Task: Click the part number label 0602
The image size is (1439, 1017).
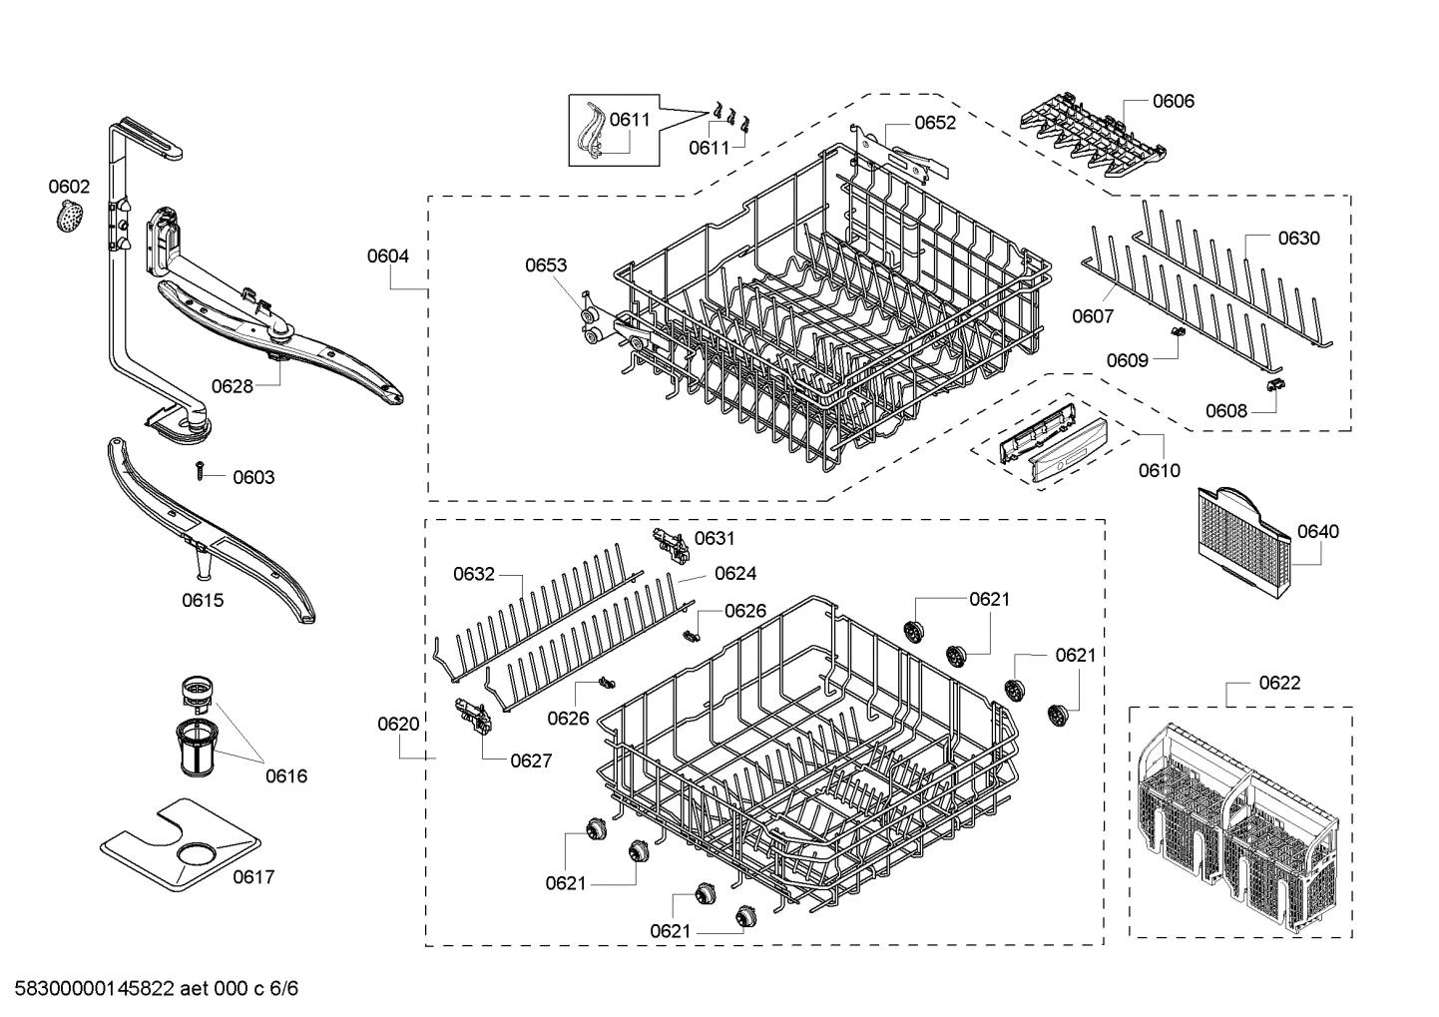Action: tap(69, 187)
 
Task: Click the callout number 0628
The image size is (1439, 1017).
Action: tap(232, 386)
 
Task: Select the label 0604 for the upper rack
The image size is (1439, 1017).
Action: tap(387, 255)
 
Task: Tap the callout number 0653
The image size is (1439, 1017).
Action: tap(546, 264)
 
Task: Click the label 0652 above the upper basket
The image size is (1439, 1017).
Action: tap(934, 123)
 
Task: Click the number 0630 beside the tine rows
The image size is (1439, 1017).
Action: tap(1298, 238)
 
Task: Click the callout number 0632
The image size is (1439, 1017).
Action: tap(474, 574)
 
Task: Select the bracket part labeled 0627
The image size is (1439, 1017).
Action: tap(473, 715)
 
